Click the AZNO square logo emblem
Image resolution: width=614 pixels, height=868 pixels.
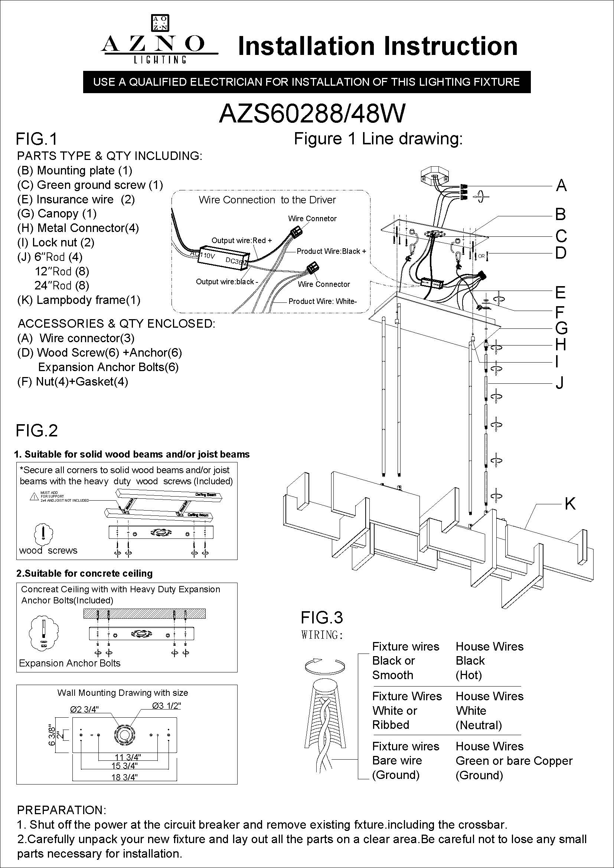pyautogui.click(x=160, y=23)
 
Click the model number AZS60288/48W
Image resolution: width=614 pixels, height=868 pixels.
pyautogui.click(x=312, y=113)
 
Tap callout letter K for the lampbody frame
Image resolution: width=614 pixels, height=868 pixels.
pyautogui.click(x=570, y=504)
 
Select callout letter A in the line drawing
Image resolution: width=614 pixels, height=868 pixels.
pyautogui.click(x=561, y=186)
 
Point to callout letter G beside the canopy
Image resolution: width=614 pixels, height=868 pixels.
pyautogui.click(x=561, y=328)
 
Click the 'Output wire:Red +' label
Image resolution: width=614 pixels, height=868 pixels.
pyautogui.click(x=241, y=240)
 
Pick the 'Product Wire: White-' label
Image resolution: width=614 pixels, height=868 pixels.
pyautogui.click(x=323, y=301)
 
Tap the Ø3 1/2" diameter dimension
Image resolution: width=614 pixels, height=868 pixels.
pyautogui.click(x=166, y=705)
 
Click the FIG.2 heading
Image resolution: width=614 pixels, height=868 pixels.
pyautogui.click(x=37, y=430)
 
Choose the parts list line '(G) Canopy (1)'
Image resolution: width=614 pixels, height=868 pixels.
pyautogui.click(x=57, y=214)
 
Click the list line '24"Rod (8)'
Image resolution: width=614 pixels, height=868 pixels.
pyautogui.click(x=62, y=285)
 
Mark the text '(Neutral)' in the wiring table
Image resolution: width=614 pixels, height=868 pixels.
pyautogui.click(x=479, y=725)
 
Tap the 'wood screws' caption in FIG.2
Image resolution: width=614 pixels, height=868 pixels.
pyautogui.click(x=48, y=550)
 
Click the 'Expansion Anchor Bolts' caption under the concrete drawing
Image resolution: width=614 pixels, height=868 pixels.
pyautogui.click(x=69, y=663)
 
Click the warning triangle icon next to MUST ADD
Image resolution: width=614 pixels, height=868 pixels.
pyautogui.click(x=33, y=497)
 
